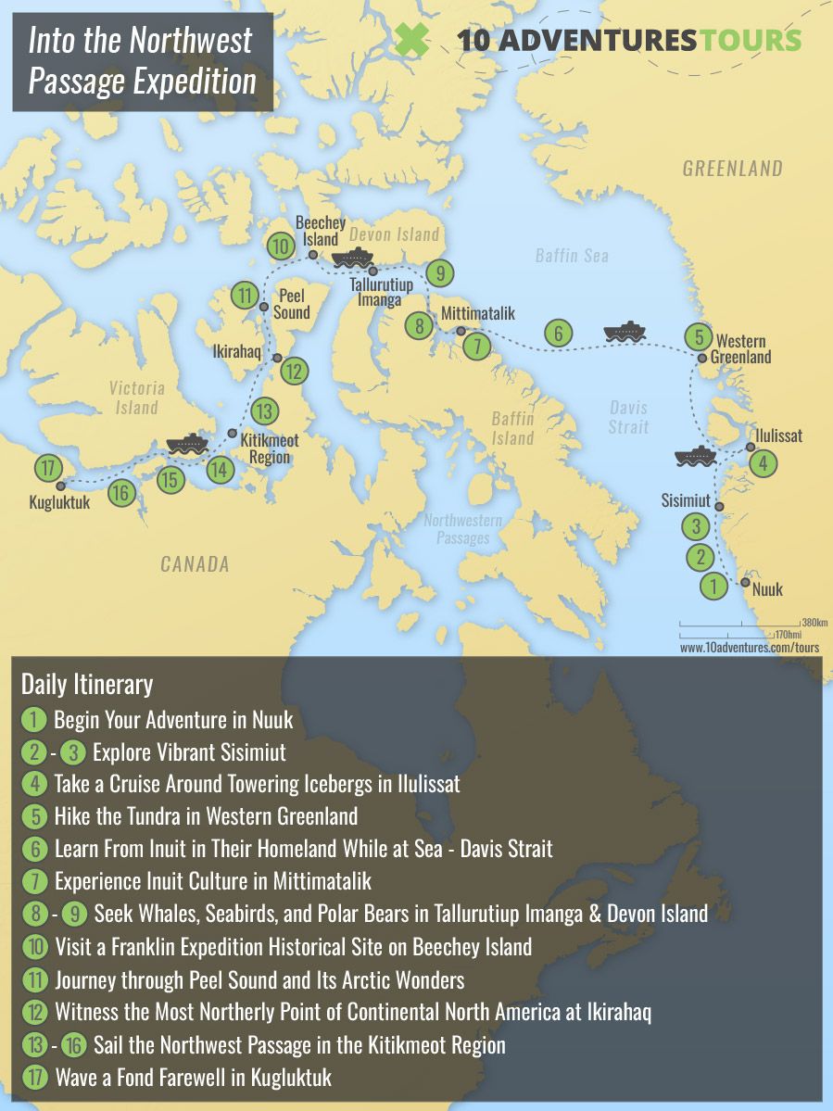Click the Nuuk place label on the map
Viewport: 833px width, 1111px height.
pyautogui.click(x=768, y=589)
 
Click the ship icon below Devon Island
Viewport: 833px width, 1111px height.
pyautogui.click(x=351, y=258)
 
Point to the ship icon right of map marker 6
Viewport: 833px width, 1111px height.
pyautogui.click(x=624, y=332)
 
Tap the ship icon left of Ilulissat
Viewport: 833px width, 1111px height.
pyautogui.click(x=695, y=456)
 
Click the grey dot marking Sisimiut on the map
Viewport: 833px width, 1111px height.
pyautogui.click(x=719, y=506)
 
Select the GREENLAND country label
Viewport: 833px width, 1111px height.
pyautogui.click(x=732, y=169)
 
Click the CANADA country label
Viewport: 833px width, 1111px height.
pyautogui.click(x=195, y=563)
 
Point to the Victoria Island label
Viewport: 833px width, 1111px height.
pyautogui.click(x=136, y=398)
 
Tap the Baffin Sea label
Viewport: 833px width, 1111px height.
pyautogui.click(x=572, y=254)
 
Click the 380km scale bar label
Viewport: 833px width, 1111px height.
pyautogui.click(x=814, y=622)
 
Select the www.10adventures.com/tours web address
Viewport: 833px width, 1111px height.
pyautogui.click(x=750, y=648)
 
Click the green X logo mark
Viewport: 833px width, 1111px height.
pyautogui.click(x=411, y=41)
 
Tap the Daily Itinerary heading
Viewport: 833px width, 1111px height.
pyautogui.click(x=87, y=685)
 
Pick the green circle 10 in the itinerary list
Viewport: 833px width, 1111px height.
pyautogui.click(x=33, y=947)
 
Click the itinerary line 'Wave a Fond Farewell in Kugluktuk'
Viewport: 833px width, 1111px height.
pyautogui.click(x=193, y=1077)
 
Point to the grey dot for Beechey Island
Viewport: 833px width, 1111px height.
pyautogui.click(x=313, y=254)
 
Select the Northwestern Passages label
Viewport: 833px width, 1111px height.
pyautogui.click(x=462, y=529)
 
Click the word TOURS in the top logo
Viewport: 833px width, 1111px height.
pyautogui.click(x=751, y=40)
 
